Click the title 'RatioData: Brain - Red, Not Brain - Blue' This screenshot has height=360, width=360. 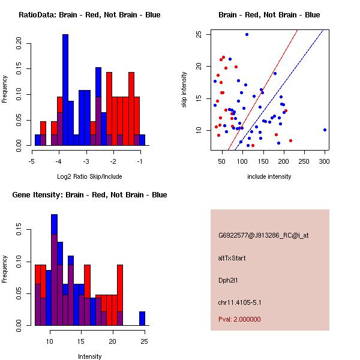pos(89,14)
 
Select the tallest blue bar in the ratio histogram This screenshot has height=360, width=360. pos(65,90)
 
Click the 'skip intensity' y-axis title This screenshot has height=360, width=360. pos(185,90)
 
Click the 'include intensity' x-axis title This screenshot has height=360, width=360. pos(269,177)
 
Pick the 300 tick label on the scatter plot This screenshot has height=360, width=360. pos(325,161)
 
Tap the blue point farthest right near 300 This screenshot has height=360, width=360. pos(325,130)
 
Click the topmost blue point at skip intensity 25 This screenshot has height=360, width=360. pos(247,34)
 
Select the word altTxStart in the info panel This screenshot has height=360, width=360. pos(232,258)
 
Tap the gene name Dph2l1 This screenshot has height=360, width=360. pos(228,280)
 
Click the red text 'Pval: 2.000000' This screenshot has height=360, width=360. pos(239,319)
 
